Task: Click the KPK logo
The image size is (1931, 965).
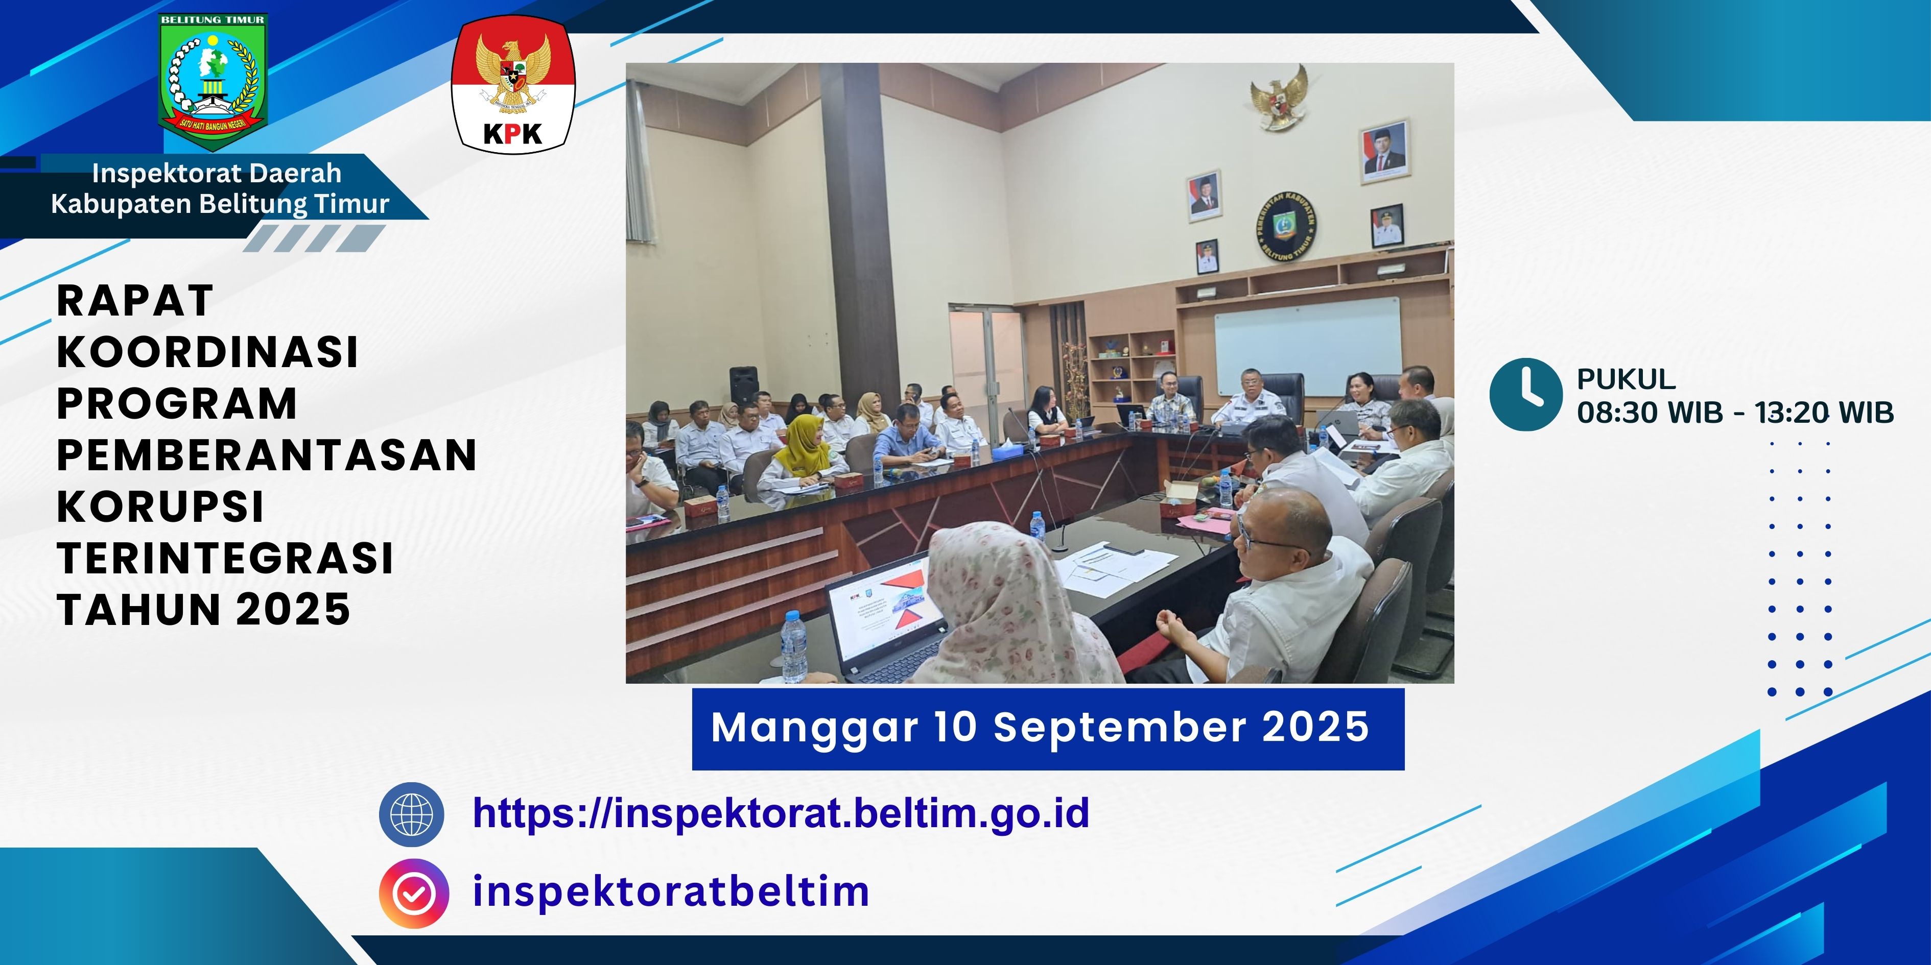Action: point(513,84)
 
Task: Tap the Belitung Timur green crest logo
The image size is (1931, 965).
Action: point(213,81)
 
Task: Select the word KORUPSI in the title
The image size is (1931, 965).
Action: point(160,506)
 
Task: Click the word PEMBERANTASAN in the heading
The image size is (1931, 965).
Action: point(267,455)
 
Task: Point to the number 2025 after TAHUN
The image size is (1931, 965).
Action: point(294,609)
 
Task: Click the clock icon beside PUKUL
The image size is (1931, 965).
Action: point(1525,395)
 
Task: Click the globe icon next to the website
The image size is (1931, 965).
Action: point(412,814)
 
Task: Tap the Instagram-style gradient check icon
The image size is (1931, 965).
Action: point(414,893)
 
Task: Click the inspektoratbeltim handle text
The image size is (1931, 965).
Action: point(671,891)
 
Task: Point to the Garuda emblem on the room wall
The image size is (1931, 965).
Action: point(1279,98)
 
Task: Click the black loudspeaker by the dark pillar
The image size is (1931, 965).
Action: point(744,386)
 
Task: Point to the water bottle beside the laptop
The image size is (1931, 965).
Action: point(794,646)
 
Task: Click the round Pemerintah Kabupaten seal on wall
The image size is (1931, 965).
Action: point(1286,225)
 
